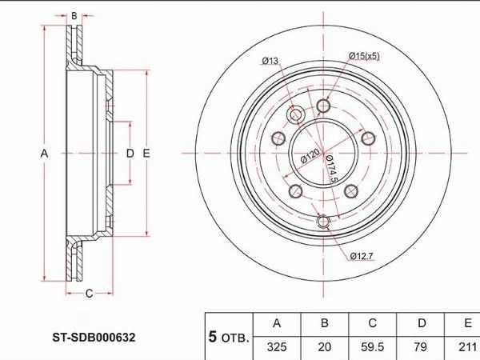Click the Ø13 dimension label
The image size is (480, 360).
[270, 61]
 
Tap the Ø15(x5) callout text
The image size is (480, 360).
[364, 56]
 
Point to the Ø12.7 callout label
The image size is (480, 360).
[362, 256]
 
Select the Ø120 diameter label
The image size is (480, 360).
[310, 156]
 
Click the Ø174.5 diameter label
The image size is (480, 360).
[332, 169]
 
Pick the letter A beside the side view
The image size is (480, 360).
[44, 153]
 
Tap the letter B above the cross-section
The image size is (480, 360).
[74, 16]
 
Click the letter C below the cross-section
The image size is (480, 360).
[89, 294]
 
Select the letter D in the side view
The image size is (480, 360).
[130, 153]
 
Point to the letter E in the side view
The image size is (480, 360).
[146, 153]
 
